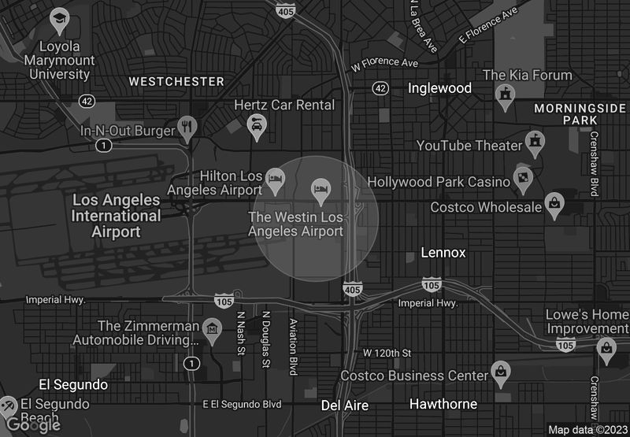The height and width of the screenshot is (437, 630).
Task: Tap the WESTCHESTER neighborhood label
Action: [176, 81]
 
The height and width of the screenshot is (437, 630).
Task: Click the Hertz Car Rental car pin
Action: [256, 124]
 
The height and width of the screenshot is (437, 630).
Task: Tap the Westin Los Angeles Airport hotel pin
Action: [320, 188]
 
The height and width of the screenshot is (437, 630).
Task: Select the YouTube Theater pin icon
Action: [536, 141]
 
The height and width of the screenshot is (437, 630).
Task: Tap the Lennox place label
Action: [443, 253]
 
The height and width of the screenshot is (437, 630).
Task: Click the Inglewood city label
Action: [439, 88]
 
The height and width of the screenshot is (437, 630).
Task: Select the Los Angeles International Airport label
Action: [116, 216]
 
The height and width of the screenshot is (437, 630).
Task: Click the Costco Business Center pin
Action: [499, 370]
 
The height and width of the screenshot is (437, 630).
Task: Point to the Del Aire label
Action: [345, 405]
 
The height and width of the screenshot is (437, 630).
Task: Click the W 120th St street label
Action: [387, 352]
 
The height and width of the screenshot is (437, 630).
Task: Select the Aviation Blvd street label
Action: [293, 346]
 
